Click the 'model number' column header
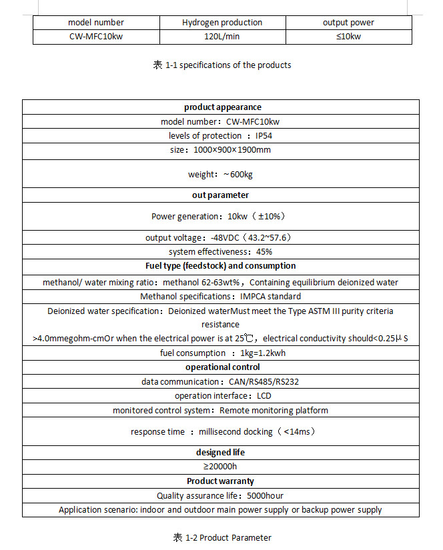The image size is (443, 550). [96, 23]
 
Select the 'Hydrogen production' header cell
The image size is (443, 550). [222, 23]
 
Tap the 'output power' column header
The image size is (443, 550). [348, 23]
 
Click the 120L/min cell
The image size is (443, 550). [222, 36]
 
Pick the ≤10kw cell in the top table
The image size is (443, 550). [348, 36]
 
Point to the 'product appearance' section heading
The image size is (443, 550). [222, 107]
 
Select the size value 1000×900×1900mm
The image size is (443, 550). [232, 150]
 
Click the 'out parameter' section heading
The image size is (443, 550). [221, 195]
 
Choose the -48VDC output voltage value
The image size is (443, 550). [225, 238]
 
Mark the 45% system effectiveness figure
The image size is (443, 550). [264, 252]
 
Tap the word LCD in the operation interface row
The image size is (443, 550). [264, 396]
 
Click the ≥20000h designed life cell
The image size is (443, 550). [221, 467]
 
